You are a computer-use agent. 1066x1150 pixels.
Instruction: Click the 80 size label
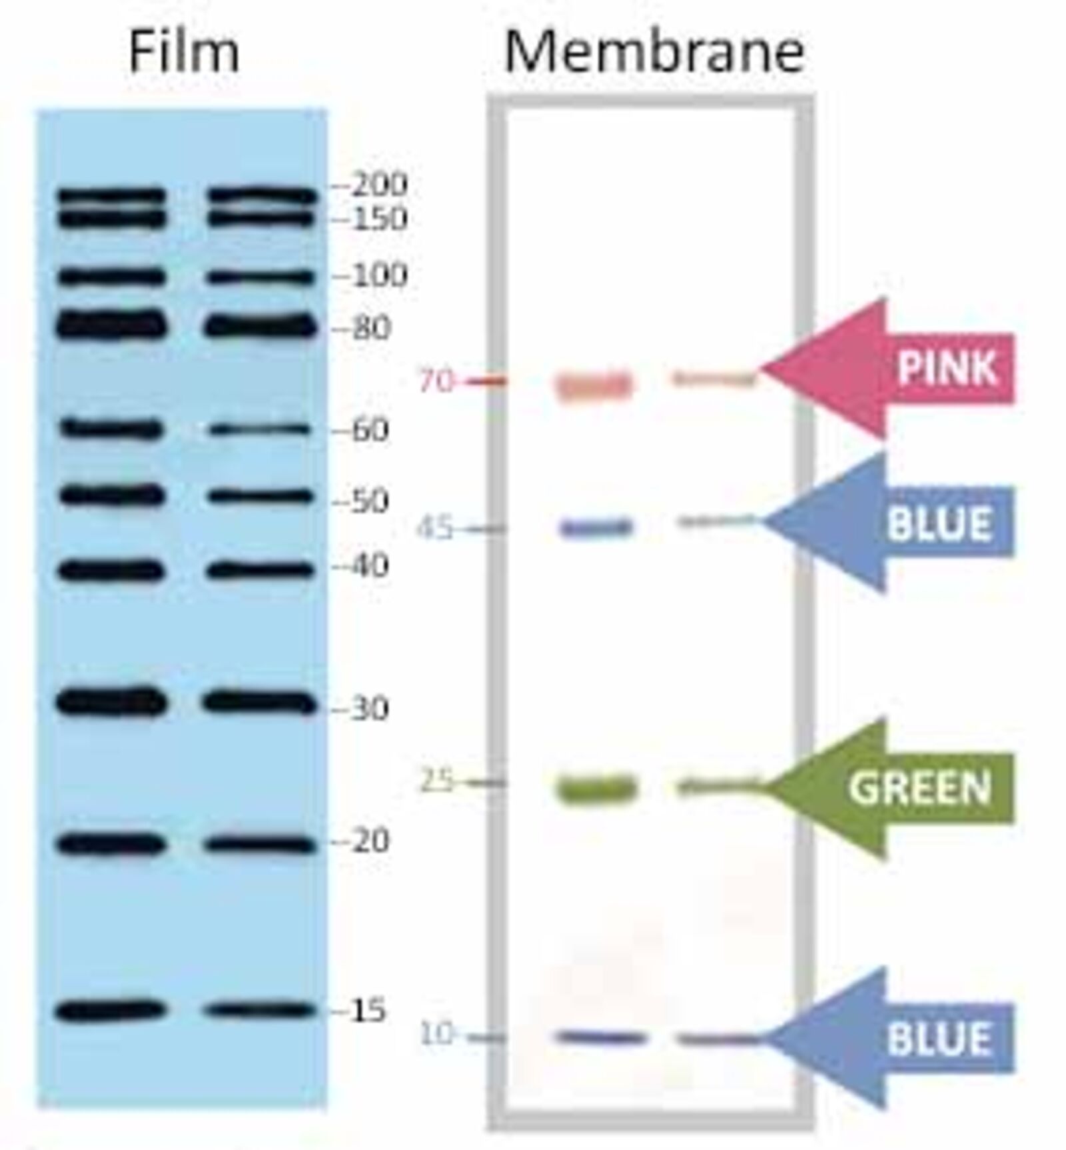[370, 328]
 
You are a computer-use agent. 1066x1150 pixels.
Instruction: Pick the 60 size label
[370, 429]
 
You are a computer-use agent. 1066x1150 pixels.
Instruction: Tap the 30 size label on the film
[370, 708]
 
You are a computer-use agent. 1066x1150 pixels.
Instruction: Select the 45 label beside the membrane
[435, 529]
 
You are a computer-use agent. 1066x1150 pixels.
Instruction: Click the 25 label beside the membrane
[436, 781]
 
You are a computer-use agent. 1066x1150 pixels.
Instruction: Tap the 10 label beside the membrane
[436, 1035]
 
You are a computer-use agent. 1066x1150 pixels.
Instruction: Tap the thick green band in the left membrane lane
[598, 789]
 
